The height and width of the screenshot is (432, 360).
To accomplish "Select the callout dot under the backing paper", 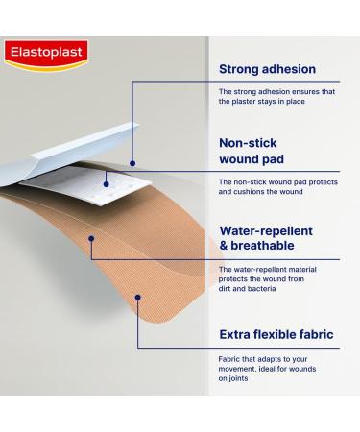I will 132,164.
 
